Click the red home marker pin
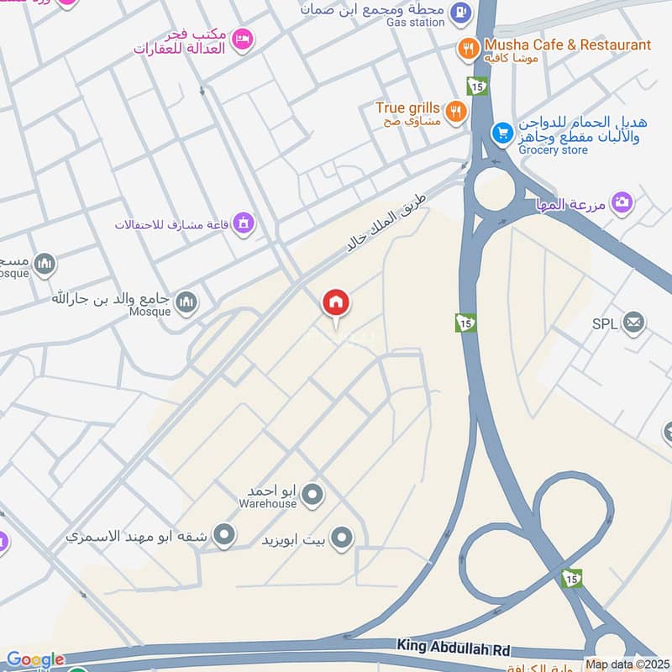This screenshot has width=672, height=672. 336,303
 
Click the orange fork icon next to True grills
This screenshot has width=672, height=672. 455,111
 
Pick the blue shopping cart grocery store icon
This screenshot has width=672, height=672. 502,133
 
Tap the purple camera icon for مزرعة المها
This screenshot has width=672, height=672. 622,202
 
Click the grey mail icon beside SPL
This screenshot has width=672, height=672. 633,322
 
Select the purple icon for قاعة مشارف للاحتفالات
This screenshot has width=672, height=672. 244,223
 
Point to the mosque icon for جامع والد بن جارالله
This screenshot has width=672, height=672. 186,302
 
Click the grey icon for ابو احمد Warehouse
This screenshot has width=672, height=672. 312,496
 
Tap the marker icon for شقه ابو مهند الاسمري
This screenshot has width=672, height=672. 223,534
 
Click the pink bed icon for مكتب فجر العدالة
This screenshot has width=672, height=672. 242,39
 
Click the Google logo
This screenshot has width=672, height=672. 35,660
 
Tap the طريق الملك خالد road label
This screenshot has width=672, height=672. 387,223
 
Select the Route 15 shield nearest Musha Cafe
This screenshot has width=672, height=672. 475,87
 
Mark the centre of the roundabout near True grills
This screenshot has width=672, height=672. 493,192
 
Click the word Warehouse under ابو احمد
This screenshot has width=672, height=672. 267,504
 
